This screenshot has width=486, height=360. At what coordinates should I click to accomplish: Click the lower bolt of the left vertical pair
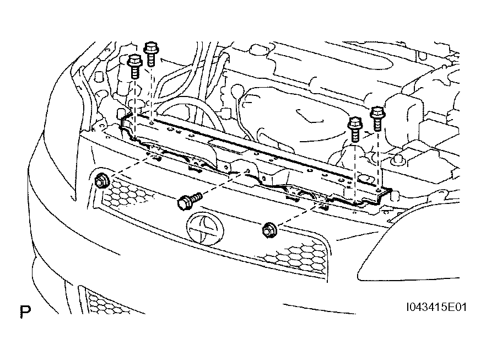click(134, 67)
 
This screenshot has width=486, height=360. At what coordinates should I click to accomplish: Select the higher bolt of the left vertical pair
click(150, 53)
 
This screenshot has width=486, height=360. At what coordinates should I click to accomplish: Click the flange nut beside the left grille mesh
click(101, 180)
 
